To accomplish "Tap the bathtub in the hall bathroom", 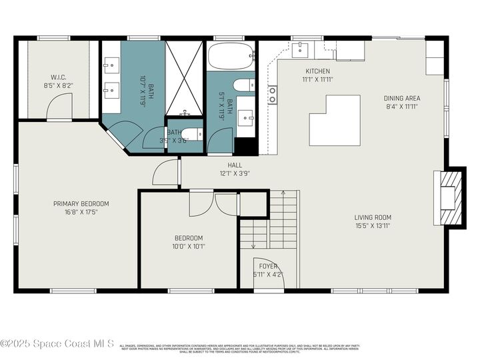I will coord(230,57).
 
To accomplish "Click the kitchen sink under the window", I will coord(301,47).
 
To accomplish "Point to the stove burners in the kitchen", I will coord(272,95).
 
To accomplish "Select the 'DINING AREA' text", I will coord(402,98).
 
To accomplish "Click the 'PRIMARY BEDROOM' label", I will coord(81,204).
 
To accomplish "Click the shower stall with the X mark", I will coord(183,77).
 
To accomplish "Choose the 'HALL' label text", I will coord(235,165).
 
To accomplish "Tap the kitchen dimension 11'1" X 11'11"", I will coord(318,79).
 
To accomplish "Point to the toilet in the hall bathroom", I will coord(245,85).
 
